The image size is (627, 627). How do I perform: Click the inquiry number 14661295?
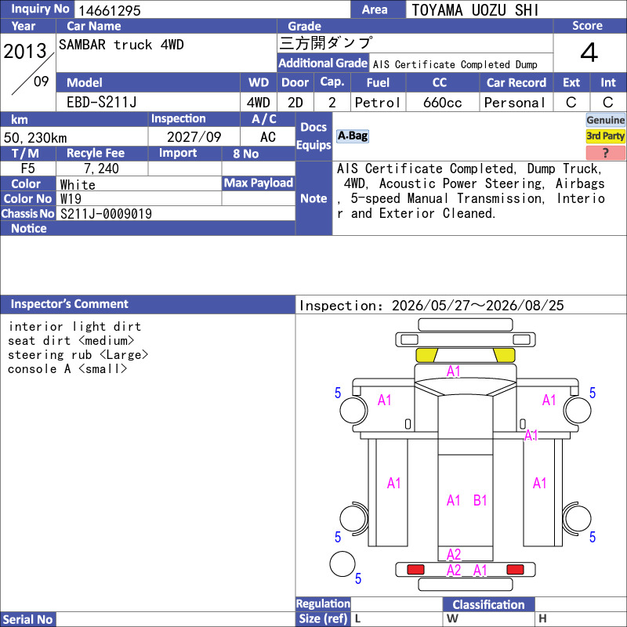110,10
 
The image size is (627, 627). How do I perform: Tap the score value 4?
589,53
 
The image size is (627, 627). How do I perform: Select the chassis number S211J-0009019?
106,214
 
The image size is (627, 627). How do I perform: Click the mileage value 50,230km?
35,138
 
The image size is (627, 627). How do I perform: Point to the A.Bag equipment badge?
352,136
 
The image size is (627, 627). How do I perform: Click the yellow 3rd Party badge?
605,136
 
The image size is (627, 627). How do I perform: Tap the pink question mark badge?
605,153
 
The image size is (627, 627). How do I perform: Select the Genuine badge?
605,120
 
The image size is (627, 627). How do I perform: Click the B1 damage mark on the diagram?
480,500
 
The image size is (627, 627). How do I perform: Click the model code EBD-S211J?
102,103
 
